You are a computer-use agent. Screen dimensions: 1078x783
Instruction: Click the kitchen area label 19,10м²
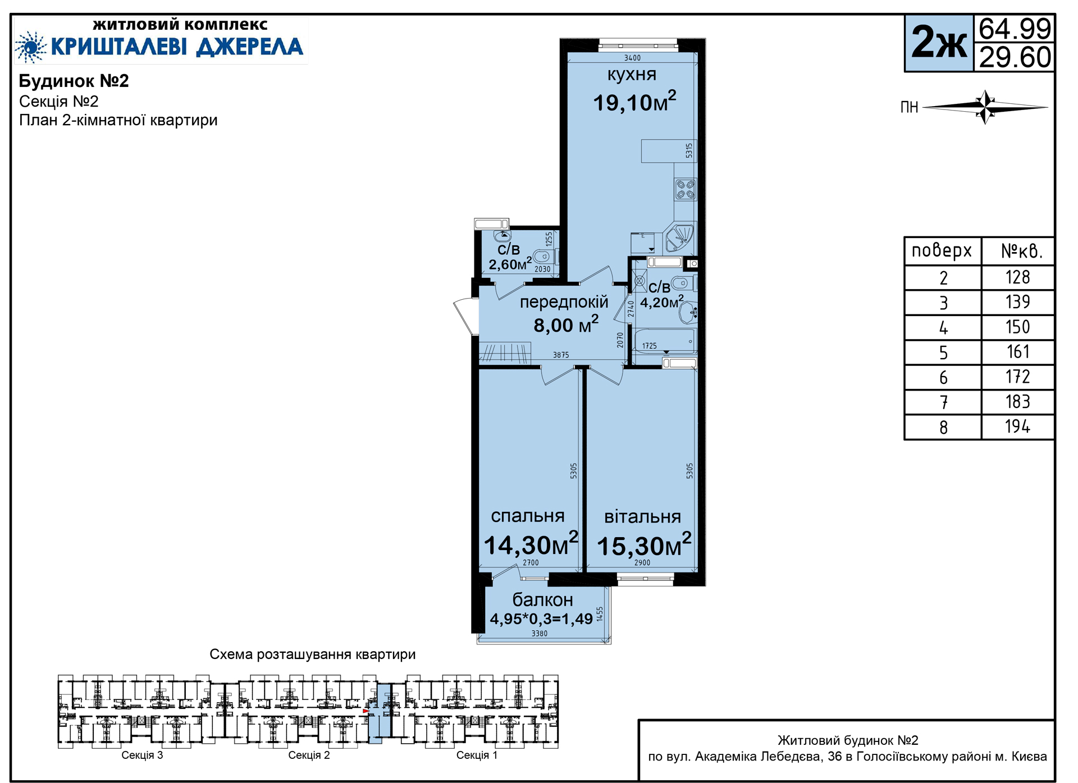(x=634, y=102)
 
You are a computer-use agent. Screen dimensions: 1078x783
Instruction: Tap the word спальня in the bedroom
(x=528, y=516)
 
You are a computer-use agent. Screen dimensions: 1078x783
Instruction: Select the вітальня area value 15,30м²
(x=644, y=544)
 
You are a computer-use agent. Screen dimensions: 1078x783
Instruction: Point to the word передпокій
(x=564, y=302)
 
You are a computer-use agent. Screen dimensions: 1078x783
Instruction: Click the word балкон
(x=542, y=600)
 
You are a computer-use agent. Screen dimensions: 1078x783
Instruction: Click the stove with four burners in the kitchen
(x=686, y=189)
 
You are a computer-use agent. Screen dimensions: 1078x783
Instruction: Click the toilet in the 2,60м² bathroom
(x=543, y=257)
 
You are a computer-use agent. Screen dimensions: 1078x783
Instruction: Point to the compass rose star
(x=985, y=107)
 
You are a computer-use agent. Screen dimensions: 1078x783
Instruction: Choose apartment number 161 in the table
(x=1018, y=352)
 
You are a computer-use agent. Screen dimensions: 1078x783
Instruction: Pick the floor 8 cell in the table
(x=943, y=428)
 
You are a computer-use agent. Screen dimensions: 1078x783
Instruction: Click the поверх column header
(x=942, y=250)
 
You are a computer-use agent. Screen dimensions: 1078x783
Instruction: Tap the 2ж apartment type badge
(x=939, y=43)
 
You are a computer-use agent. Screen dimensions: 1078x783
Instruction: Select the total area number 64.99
(x=1015, y=29)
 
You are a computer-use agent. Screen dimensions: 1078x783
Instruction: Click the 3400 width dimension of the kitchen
(x=632, y=58)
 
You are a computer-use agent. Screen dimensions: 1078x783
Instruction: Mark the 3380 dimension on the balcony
(x=539, y=634)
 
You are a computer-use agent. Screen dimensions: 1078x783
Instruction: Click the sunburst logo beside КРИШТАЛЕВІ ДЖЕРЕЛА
(x=31, y=47)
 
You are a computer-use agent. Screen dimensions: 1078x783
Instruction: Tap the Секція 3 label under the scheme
(x=142, y=755)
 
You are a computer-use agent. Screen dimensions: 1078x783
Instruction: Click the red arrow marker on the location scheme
(x=366, y=711)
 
